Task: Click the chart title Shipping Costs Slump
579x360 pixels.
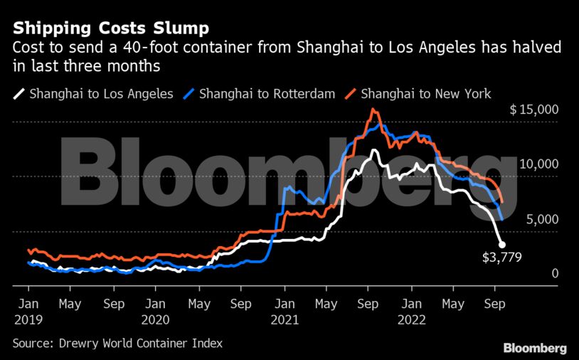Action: coord(110,28)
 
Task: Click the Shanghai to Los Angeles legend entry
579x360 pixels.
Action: coord(93,93)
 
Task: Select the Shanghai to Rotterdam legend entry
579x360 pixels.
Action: coord(260,93)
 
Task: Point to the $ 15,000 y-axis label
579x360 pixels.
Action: coord(534,110)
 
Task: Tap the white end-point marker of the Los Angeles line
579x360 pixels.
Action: coord(501,244)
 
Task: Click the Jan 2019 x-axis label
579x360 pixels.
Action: coord(28,310)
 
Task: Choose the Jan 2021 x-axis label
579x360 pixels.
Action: coord(284,310)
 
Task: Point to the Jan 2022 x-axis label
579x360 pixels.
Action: coord(411,310)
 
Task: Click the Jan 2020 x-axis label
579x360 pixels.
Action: coord(156,310)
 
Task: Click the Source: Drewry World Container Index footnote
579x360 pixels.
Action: coord(117,343)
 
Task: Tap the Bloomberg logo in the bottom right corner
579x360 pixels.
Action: coord(535,348)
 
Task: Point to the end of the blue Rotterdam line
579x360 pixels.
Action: coord(501,218)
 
